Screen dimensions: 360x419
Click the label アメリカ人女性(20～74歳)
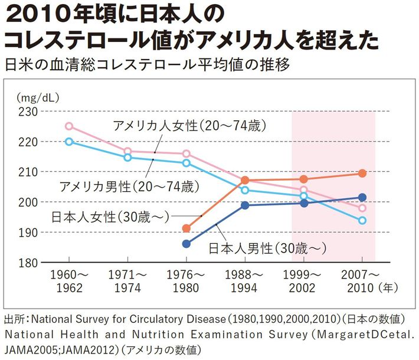190,126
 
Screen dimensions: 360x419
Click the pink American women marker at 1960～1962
69,126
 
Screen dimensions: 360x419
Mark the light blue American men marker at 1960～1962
69,142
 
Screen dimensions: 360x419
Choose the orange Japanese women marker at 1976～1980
186,228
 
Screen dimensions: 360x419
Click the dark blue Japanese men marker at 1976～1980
186,244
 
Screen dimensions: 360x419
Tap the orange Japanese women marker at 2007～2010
362,174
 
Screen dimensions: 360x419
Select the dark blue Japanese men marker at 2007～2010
362,198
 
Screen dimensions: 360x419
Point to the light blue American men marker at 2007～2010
362,220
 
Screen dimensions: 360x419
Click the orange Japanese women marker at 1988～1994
245,180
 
